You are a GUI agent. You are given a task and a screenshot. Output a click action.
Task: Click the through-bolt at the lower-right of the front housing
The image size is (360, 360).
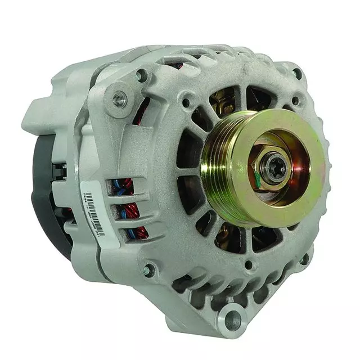pos(304,259)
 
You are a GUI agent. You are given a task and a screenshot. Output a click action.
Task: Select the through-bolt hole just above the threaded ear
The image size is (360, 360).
pos(141,74)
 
